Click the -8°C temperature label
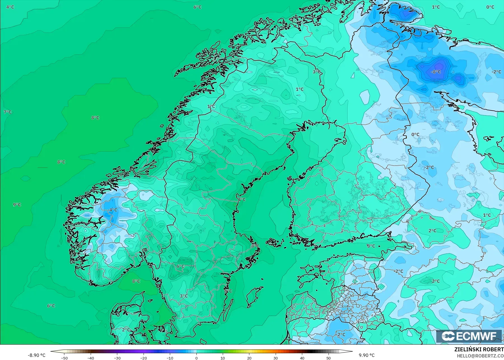[x=436, y=72]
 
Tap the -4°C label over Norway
[x=113, y=210]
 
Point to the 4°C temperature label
[x=10, y=7]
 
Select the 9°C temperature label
[x=17, y=205]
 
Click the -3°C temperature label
[x=398, y=24]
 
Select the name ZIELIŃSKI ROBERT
[x=479, y=350]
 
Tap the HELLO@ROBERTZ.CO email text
[x=480, y=356]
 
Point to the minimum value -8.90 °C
[x=36, y=355]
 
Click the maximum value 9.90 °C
[x=367, y=355]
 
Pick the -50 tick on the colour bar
[x=64, y=358]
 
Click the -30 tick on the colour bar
[x=117, y=358]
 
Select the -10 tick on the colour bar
[x=170, y=358]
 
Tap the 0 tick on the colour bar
[x=196, y=358]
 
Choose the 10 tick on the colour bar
[x=223, y=358]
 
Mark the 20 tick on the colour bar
[x=249, y=358]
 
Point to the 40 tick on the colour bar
[x=302, y=358]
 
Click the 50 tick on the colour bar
[x=328, y=358]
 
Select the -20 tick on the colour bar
[x=144, y=358]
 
